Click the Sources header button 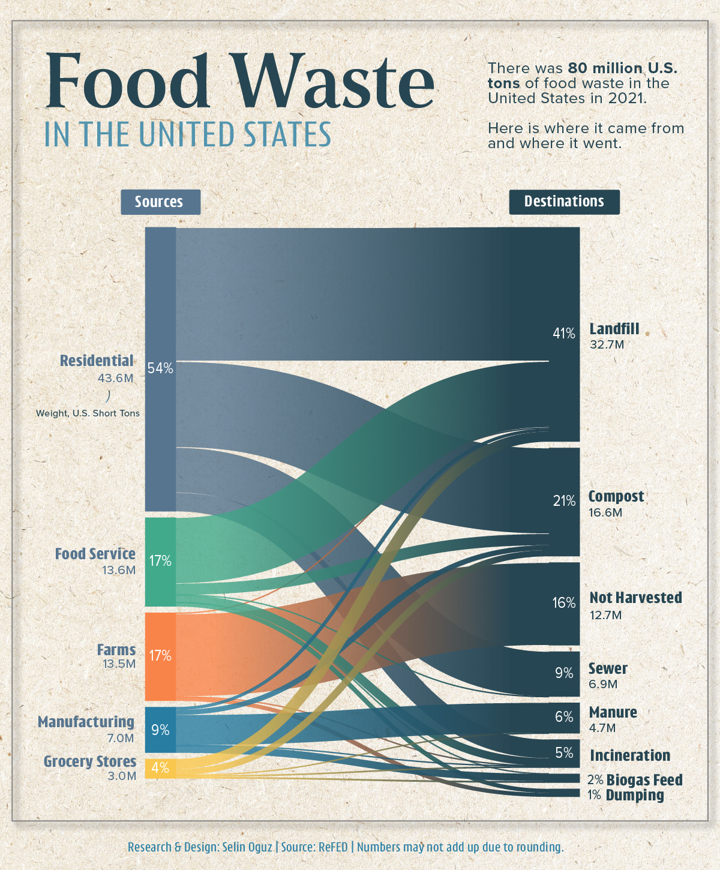(x=160, y=202)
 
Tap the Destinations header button (x=564, y=202)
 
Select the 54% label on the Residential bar (x=160, y=368)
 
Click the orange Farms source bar (x=160, y=656)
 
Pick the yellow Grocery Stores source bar (x=160, y=768)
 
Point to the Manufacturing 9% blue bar (x=160, y=730)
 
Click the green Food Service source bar (x=160, y=561)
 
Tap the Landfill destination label (x=614, y=329)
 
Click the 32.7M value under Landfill (x=607, y=345)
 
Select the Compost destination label (x=616, y=497)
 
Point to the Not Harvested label (x=635, y=598)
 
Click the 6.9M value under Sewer (x=603, y=684)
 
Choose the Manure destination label (x=613, y=712)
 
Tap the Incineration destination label (x=630, y=755)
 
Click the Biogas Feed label (x=644, y=780)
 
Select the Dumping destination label (x=635, y=796)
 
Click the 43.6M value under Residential (x=116, y=378)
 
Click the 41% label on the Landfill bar (x=564, y=334)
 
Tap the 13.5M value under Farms (x=119, y=664)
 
